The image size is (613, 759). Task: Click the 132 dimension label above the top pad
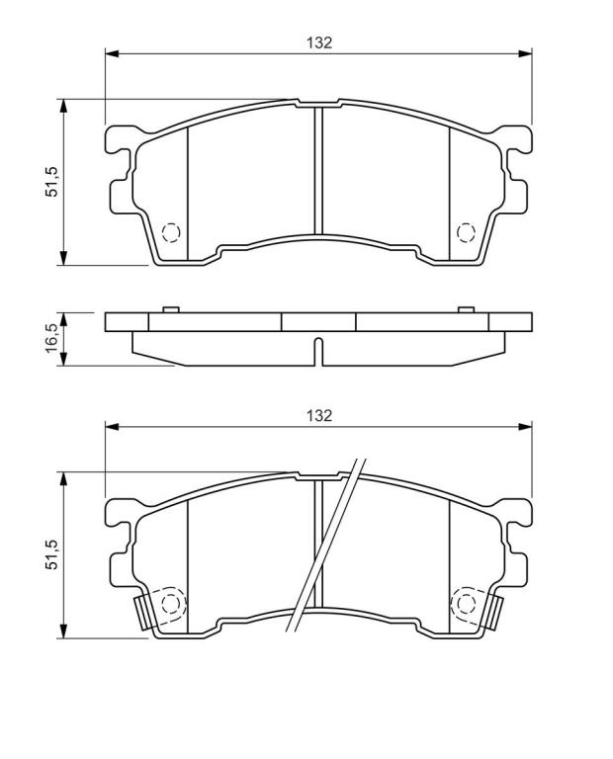(319, 42)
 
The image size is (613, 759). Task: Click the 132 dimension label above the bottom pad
(319, 415)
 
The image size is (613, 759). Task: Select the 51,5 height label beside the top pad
(51, 181)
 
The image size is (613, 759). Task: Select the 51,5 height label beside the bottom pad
(51, 553)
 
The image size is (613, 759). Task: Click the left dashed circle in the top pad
(171, 233)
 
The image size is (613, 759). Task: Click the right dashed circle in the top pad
(466, 233)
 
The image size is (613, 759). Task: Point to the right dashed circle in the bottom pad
(466, 604)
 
